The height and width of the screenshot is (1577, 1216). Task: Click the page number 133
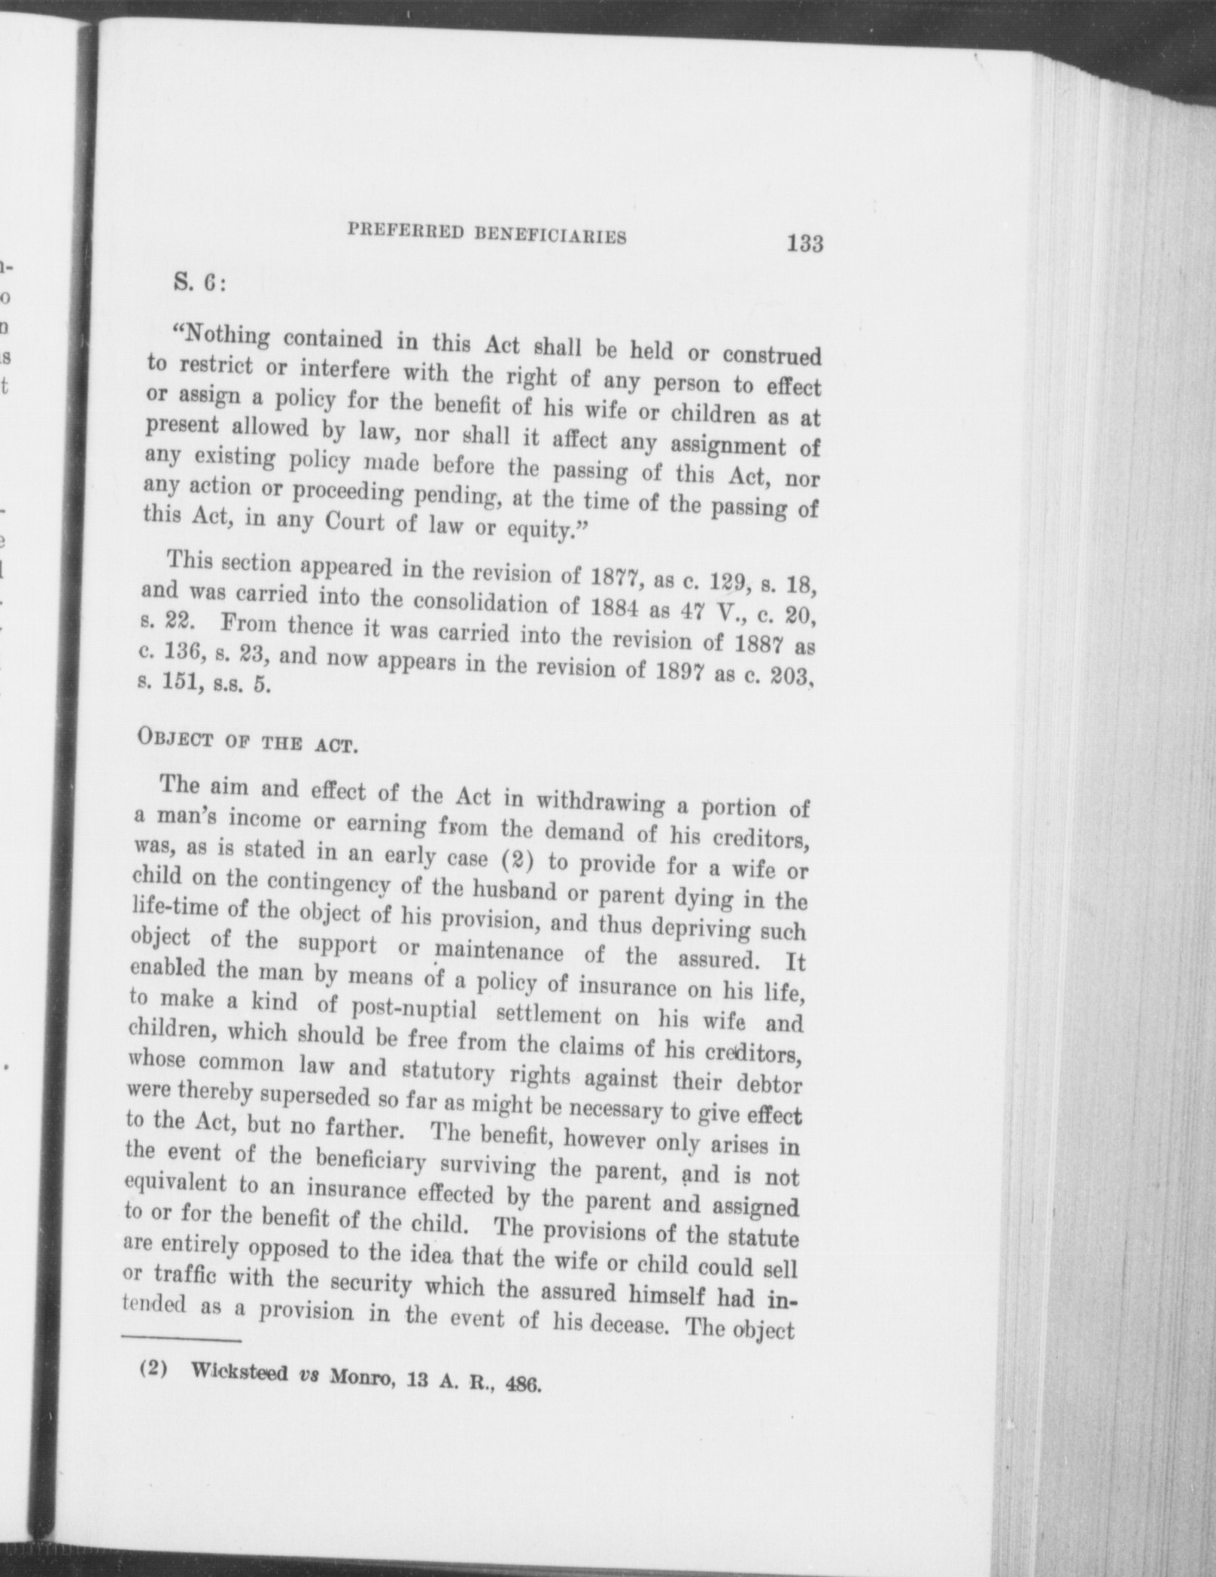804,244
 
